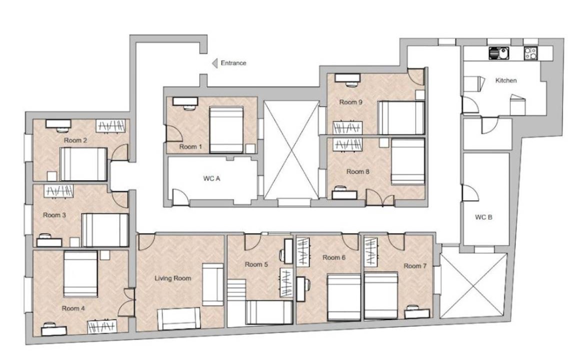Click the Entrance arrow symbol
pyautogui.click(x=215, y=63)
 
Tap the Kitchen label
pyautogui.click(x=506, y=80)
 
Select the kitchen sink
pyautogui.click(x=498, y=53)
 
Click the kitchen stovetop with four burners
pyautogui.click(x=530, y=53)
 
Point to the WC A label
pyautogui.click(x=211, y=178)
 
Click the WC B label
pyautogui.click(x=483, y=217)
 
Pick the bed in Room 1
pyautogui.click(x=226, y=129)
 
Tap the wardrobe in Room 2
pyautogui.click(x=110, y=126)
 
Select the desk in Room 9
pyautogui.click(x=347, y=78)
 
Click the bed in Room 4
pyautogui.click(x=80, y=273)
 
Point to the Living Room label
pyautogui.click(x=172, y=278)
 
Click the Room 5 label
pyautogui.click(x=256, y=264)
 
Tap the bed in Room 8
pyautogui.click(x=408, y=161)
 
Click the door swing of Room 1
pyautogui.click(x=174, y=133)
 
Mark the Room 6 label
pyautogui.click(x=334, y=257)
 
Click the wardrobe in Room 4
pyautogui.click(x=102, y=326)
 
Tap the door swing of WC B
pyautogui.click(x=470, y=193)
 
